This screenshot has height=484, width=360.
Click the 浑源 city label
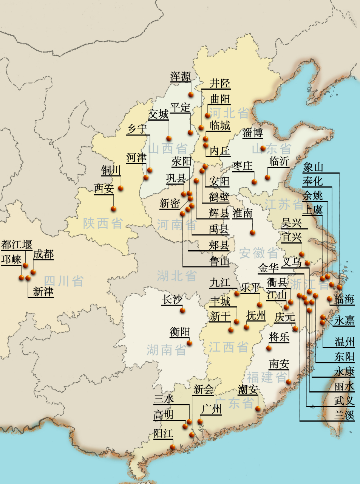(181, 77)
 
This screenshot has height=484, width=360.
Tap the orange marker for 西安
(113, 209)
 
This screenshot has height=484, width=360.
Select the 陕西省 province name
(103, 223)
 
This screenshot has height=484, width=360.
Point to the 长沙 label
(172, 300)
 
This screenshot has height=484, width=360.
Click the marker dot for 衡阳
(189, 343)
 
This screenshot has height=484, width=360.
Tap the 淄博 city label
(253, 133)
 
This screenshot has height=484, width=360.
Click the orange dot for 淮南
(252, 232)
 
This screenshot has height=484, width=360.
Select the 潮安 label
(248, 389)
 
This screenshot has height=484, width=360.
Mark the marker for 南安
(289, 382)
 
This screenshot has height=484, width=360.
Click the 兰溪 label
(344, 415)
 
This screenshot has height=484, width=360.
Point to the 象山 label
(313, 167)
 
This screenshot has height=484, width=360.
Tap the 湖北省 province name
(177, 276)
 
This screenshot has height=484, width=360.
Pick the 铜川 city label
(111, 171)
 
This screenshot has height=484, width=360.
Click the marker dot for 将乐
(269, 348)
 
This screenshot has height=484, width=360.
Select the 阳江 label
(163, 433)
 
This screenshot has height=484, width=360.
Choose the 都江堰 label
(17, 245)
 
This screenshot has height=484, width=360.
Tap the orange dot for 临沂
(267, 177)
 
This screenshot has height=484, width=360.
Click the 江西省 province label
(229, 347)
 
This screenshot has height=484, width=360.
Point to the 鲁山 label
(219, 261)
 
